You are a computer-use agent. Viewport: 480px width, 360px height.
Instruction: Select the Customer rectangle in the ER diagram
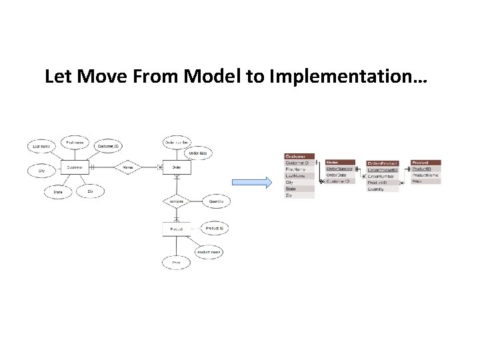(x=75, y=168)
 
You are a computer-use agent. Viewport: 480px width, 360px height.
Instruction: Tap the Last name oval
(x=41, y=146)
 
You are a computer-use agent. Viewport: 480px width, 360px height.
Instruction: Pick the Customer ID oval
(x=109, y=145)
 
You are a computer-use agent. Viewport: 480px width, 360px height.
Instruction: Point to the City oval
(x=41, y=171)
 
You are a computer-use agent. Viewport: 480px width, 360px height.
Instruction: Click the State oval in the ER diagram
(x=58, y=192)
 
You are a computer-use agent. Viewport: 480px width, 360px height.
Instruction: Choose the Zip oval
(x=91, y=191)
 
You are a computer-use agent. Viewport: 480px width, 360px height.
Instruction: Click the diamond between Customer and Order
(x=127, y=168)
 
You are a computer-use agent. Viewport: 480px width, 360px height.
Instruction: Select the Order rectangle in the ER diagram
(x=177, y=168)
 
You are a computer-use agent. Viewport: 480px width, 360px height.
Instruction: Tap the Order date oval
(x=198, y=153)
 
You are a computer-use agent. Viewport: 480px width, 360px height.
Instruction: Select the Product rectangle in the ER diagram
(x=177, y=229)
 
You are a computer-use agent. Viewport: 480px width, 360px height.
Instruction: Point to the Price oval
(x=177, y=263)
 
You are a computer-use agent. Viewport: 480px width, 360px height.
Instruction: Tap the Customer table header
(x=299, y=156)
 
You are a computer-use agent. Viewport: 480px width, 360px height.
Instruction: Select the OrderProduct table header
(x=383, y=163)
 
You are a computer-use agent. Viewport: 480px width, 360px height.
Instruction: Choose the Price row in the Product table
(x=425, y=181)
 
